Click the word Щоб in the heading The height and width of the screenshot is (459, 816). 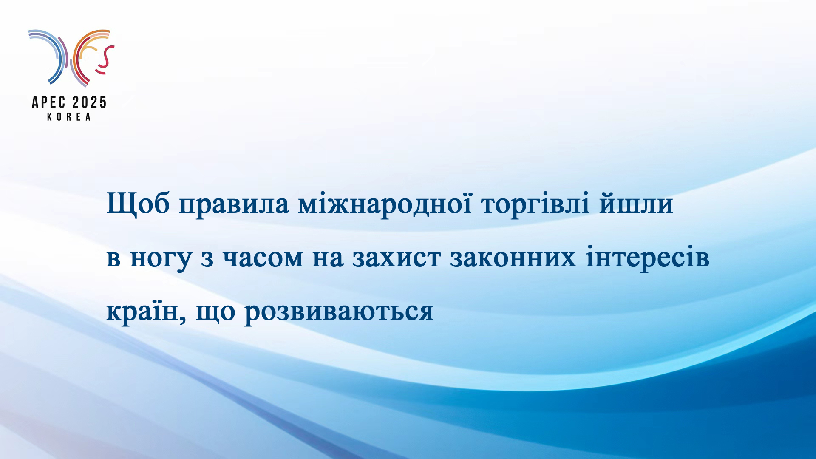coord(138,204)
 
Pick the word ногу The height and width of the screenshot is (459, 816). coord(161,260)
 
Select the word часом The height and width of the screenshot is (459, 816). coord(263,258)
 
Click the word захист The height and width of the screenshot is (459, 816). coord(397,258)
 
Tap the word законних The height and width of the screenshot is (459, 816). coord(513,258)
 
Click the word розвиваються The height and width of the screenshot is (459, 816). coord(339,313)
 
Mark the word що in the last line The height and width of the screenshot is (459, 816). coord(215,313)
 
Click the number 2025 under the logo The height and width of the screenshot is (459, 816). coord(89,102)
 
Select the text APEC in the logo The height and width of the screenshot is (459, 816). coord(49,102)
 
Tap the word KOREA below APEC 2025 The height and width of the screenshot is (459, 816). coord(69,117)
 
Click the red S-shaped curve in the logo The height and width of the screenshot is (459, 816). coord(105,59)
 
